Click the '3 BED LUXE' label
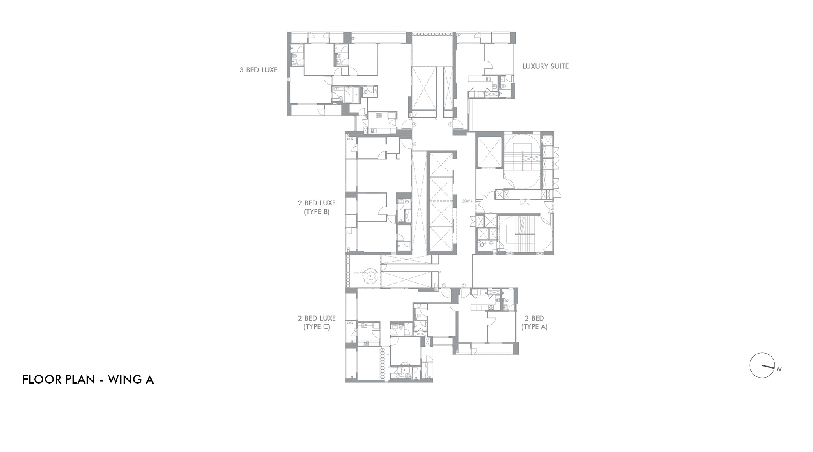coord(259,70)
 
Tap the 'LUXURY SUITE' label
coord(546,66)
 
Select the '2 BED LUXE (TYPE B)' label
coord(317,207)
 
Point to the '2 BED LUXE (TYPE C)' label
coord(317,322)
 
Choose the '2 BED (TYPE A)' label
coord(534,322)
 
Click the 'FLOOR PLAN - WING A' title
coord(88,380)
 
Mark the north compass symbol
coord(761,365)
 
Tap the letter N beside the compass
coord(779,370)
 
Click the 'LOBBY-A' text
coord(467,201)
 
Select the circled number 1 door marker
coord(464,285)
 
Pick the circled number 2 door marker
coord(444,285)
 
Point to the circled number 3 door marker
coord(414,144)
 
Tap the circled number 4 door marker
coord(414,124)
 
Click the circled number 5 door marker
coord(450,124)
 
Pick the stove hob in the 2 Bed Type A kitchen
coord(491,307)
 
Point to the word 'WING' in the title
coord(122,380)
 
